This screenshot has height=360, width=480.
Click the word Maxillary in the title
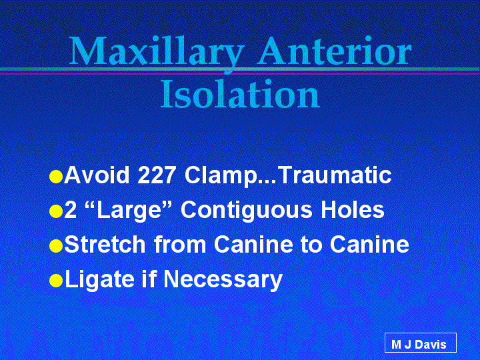(156, 53)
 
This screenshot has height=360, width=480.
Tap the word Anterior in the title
(334, 51)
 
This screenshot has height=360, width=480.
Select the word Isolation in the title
(240, 94)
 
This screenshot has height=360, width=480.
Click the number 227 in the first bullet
(157, 175)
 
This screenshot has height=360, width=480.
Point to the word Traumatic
(336, 175)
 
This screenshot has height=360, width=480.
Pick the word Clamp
(221, 177)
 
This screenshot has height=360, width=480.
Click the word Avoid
(97, 175)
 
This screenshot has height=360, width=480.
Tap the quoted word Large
(129, 211)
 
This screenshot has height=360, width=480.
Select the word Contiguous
(247, 211)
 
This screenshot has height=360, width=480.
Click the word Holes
(353, 210)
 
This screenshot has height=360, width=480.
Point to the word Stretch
(105, 244)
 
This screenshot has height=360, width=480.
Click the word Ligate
(99, 280)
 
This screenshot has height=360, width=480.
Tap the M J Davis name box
(420, 343)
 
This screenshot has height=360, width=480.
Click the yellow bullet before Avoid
(56, 177)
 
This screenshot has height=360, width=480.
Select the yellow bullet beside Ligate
(56, 281)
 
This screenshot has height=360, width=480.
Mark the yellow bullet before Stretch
(56, 246)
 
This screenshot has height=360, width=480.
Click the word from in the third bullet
(180, 244)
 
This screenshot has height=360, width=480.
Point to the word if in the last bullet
(149, 279)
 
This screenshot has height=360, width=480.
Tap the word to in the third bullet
(311, 245)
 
